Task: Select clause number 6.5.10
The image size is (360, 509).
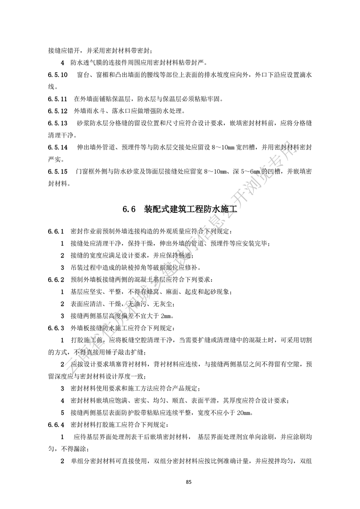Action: [58, 74]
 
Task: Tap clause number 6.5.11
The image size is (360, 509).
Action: [58, 98]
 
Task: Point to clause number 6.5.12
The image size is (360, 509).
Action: [58, 111]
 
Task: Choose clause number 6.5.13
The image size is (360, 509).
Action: [58, 123]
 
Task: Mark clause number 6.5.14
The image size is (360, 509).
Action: [58, 148]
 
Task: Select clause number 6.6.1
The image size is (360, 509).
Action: [56, 232]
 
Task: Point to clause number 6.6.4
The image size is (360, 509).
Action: [56, 425]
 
